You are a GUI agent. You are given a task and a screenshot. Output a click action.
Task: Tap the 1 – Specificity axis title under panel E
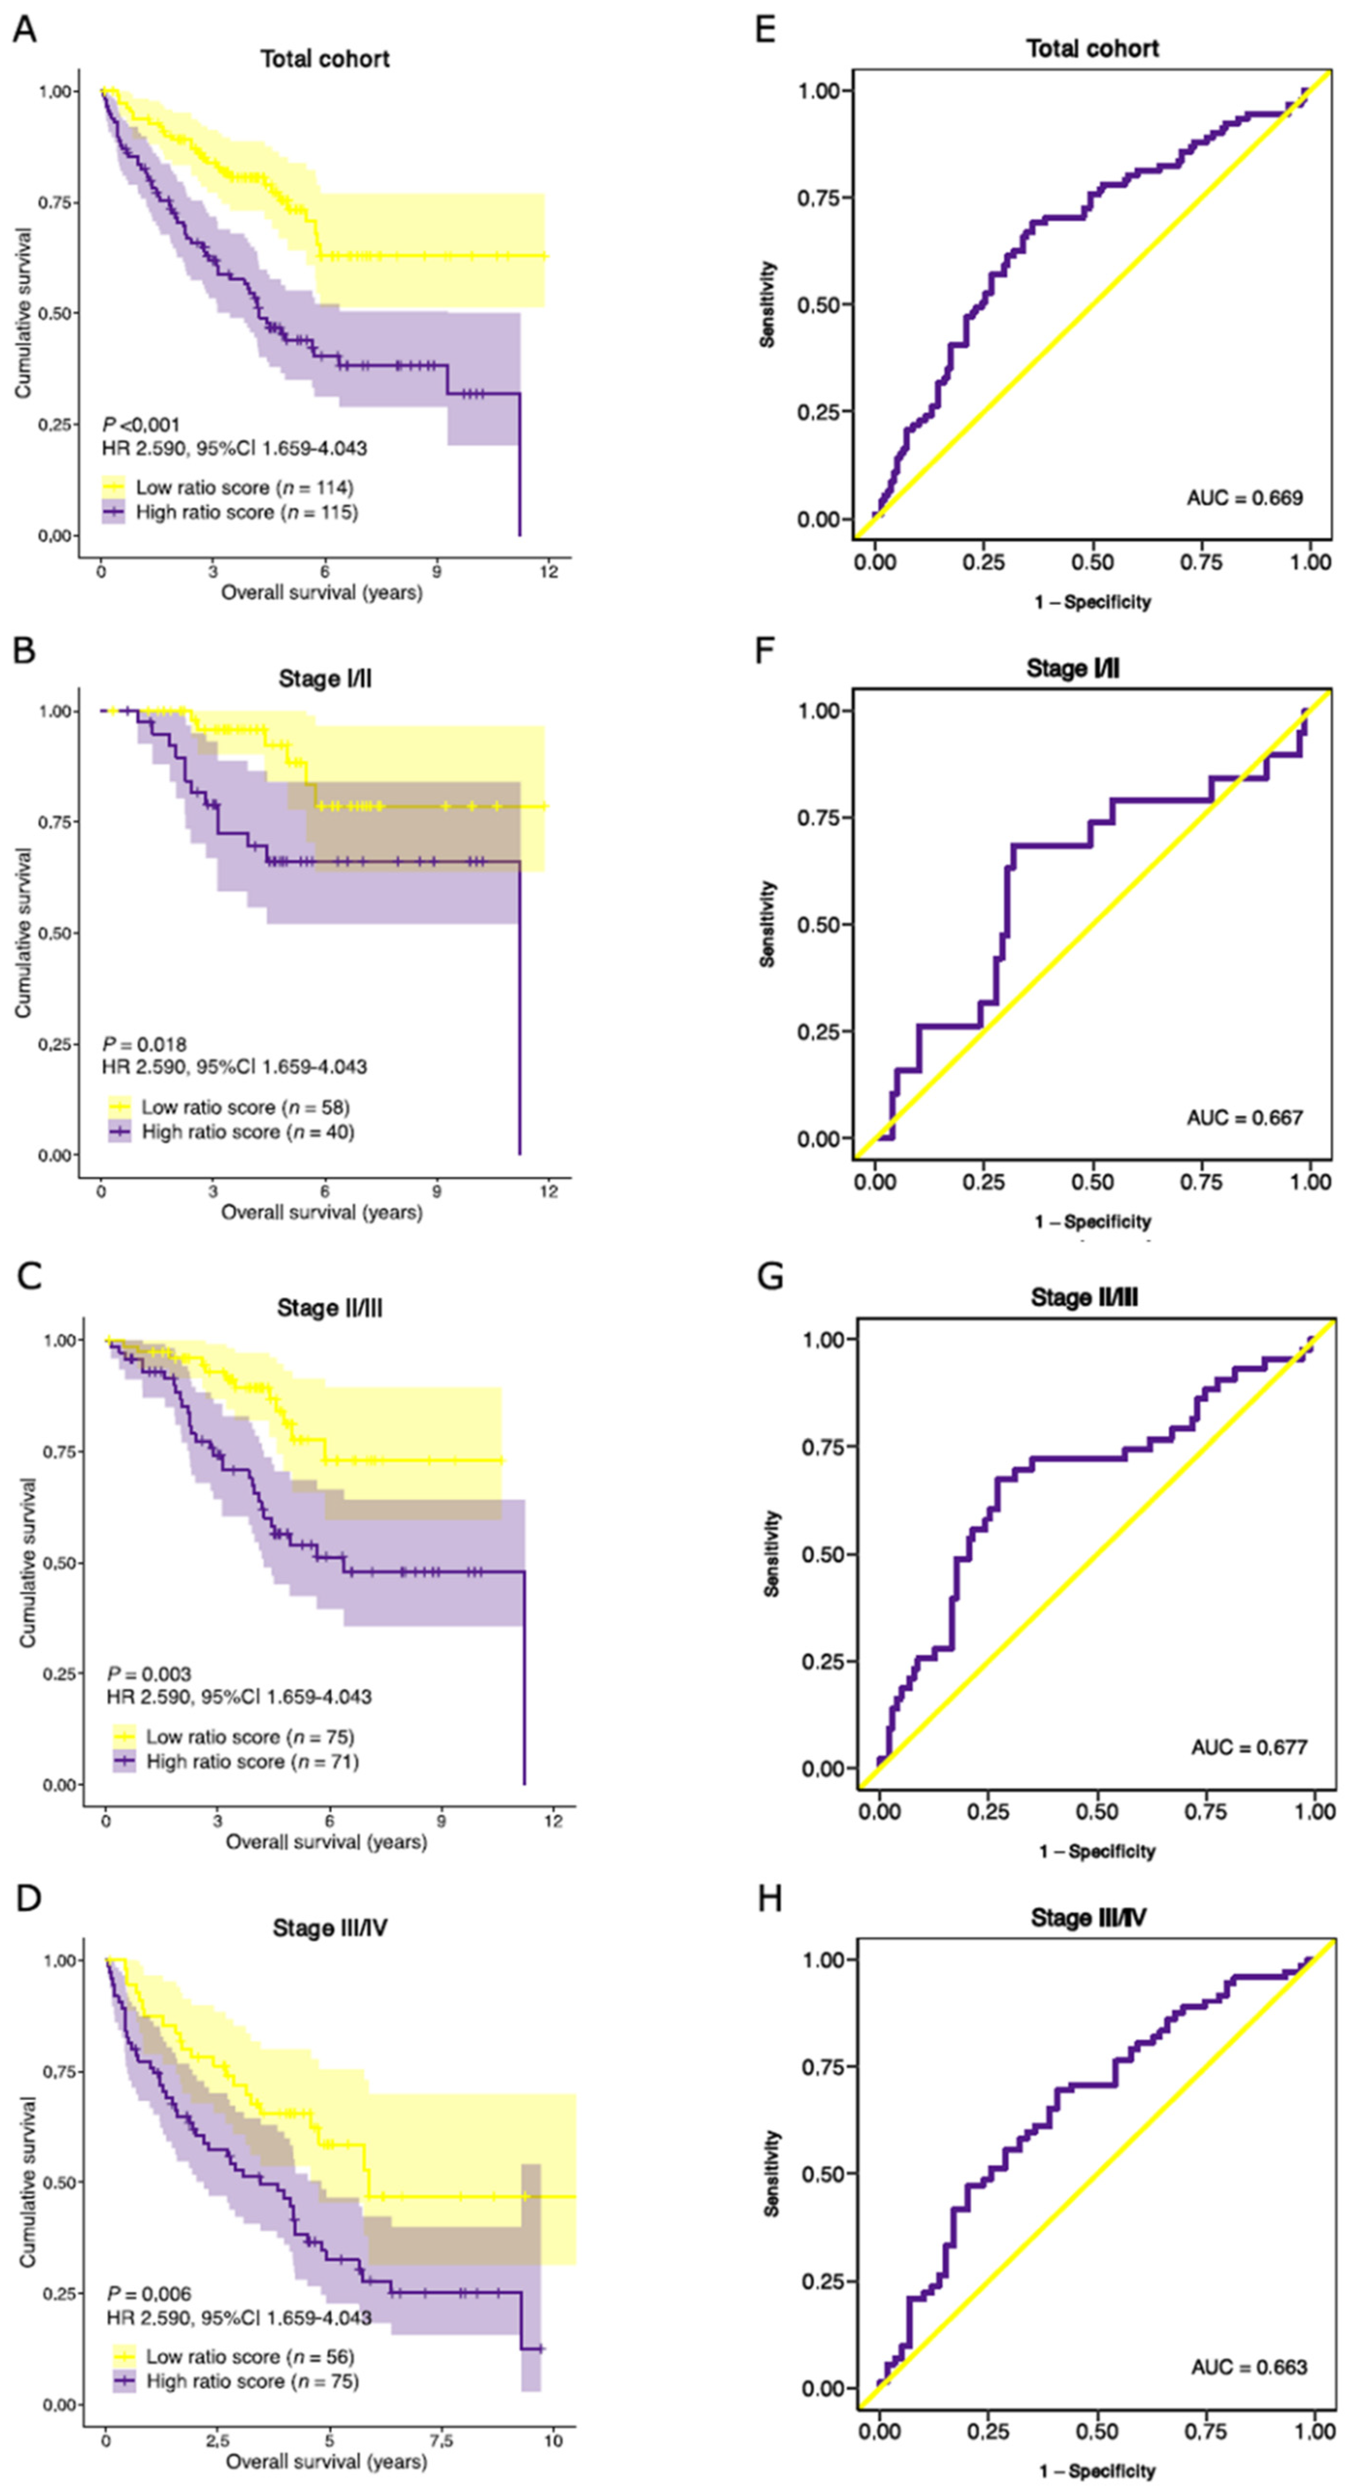click(x=1093, y=602)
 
